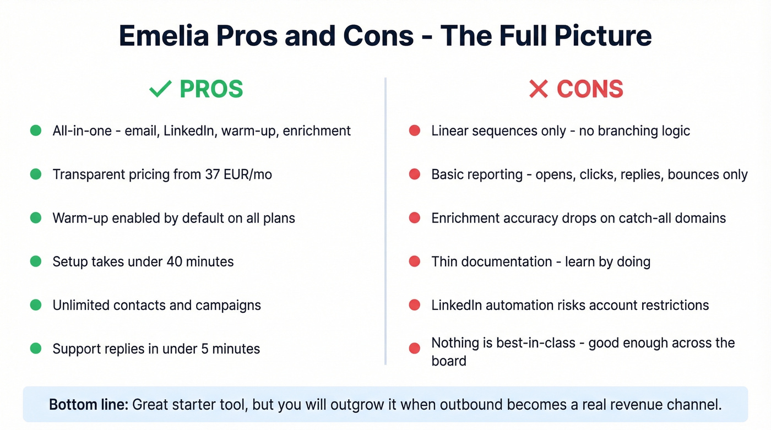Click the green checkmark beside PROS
160,89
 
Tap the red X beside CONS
538,89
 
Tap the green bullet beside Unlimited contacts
36,305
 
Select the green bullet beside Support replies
36,349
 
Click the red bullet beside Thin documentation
415,262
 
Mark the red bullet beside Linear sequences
415,131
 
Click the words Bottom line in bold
88,405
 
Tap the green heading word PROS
211,89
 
